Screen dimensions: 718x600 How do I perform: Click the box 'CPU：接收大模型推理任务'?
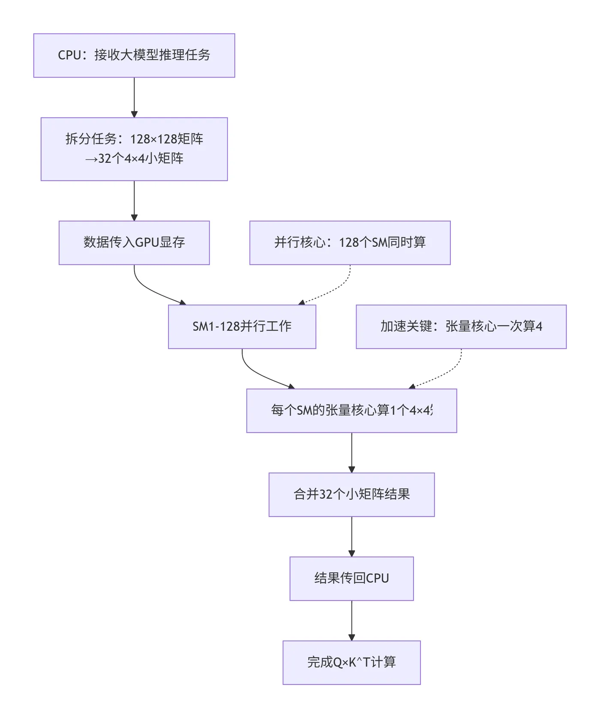[x=134, y=56]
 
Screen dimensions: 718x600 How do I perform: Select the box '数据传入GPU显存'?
[x=134, y=242]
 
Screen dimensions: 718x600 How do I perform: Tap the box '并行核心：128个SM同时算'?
[x=350, y=242]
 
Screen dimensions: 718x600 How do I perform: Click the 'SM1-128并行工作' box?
[x=242, y=326]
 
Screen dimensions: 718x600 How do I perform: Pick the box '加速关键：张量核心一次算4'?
[x=461, y=326]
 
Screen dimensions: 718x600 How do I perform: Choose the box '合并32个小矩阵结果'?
[x=351, y=494]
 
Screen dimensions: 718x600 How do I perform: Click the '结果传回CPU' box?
[x=351, y=578]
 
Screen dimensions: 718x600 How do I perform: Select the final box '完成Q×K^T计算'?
[x=351, y=662]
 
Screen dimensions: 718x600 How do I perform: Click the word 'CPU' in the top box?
[x=69, y=55]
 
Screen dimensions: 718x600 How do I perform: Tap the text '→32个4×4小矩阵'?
[x=134, y=159]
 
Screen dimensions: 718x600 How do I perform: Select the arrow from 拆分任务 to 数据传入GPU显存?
[x=134, y=200]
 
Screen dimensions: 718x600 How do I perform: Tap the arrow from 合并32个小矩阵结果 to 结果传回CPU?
[x=351, y=536]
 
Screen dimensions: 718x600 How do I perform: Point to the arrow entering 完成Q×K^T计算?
[x=351, y=620]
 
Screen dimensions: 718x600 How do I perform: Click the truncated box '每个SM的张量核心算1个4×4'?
[x=351, y=410]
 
